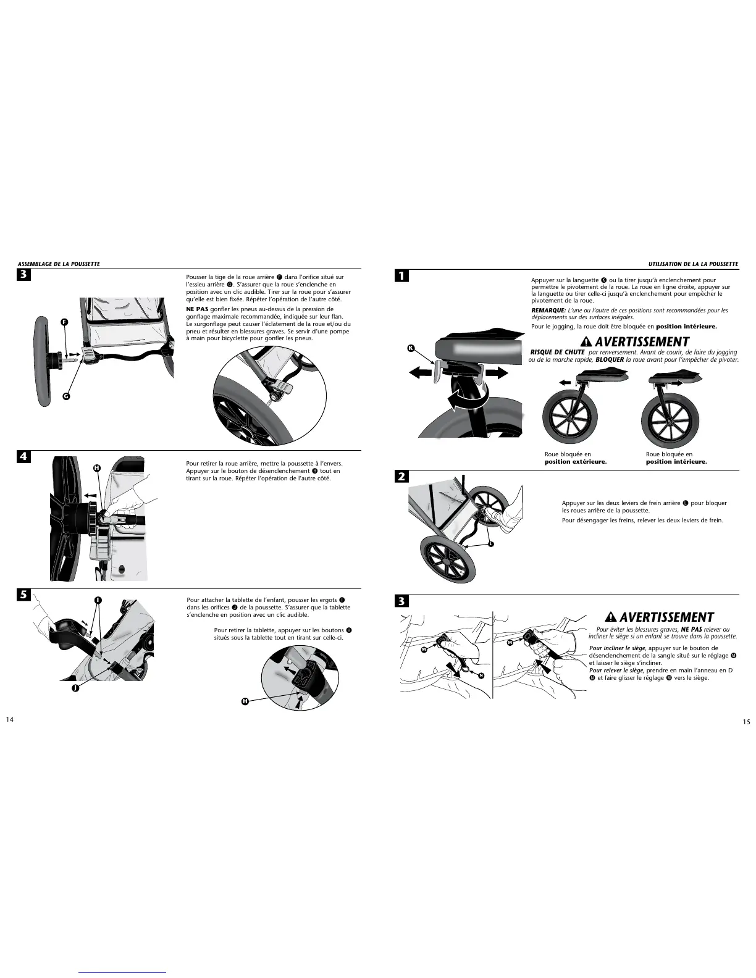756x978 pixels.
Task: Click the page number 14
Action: tap(10, 719)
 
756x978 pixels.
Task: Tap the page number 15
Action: tap(747, 722)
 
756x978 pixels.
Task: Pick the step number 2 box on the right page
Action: tap(401, 476)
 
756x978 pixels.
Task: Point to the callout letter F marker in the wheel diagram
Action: tap(64, 322)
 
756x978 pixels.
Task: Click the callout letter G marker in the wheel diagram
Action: tap(66, 396)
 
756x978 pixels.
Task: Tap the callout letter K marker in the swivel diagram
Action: tap(411, 348)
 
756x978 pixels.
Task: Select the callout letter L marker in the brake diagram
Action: tap(491, 544)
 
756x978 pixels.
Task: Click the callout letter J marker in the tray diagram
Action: tap(75, 688)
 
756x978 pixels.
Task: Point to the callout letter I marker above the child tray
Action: tap(98, 600)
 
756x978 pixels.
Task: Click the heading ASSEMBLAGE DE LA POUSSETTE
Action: tap(59, 264)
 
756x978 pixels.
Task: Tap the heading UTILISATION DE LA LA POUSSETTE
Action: tap(694, 264)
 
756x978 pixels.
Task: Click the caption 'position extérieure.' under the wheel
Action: tap(576, 462)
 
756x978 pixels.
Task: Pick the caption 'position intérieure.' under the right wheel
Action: tap(676, 462)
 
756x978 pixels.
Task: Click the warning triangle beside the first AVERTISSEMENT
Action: tap(586, 341)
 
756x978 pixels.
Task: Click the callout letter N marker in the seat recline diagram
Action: tap(481, 675)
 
